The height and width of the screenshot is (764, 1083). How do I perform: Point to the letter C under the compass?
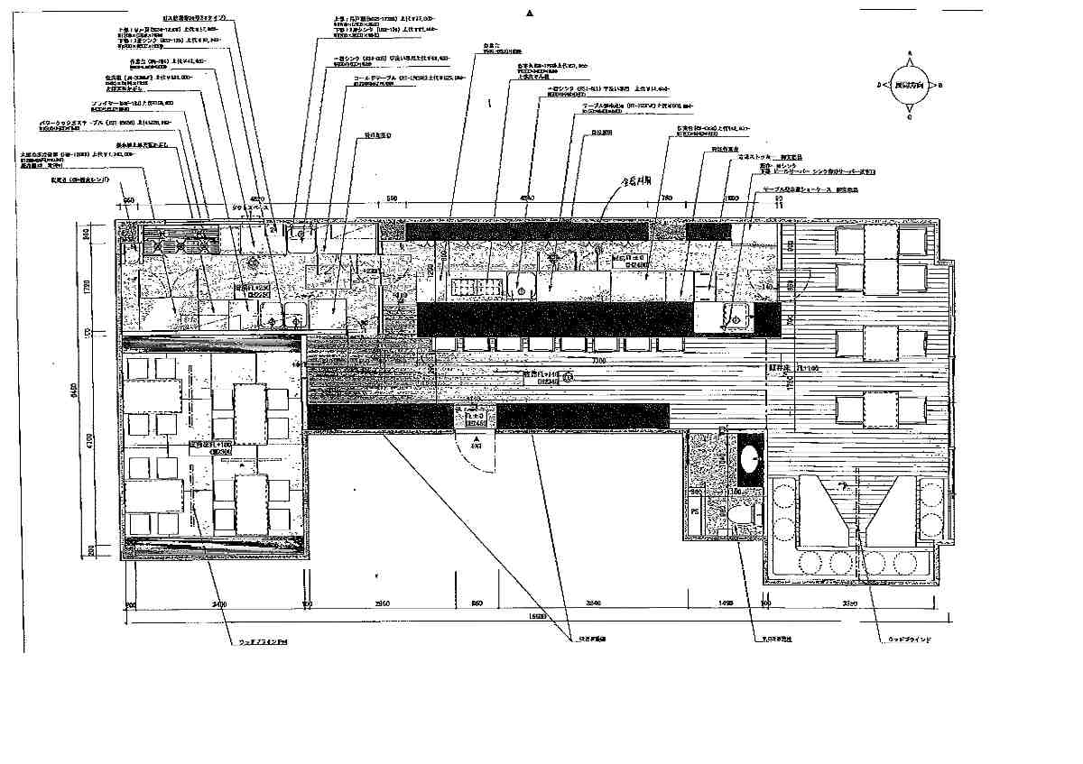click(x=910, y=117)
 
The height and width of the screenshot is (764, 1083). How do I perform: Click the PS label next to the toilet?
click(x=695, y=511)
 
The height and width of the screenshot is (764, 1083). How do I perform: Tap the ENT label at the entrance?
click(x=475, y=445)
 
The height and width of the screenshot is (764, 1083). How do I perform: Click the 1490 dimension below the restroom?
click(x=725, y=603)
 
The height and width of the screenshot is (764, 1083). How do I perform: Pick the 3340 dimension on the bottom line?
click(x=593, y=603)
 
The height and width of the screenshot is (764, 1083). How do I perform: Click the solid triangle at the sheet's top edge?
click(x=530, y=14)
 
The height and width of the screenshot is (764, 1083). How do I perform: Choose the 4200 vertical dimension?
click(x=88, y=442)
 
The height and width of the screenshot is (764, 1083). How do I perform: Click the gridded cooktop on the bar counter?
click(x=475, y=288)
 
